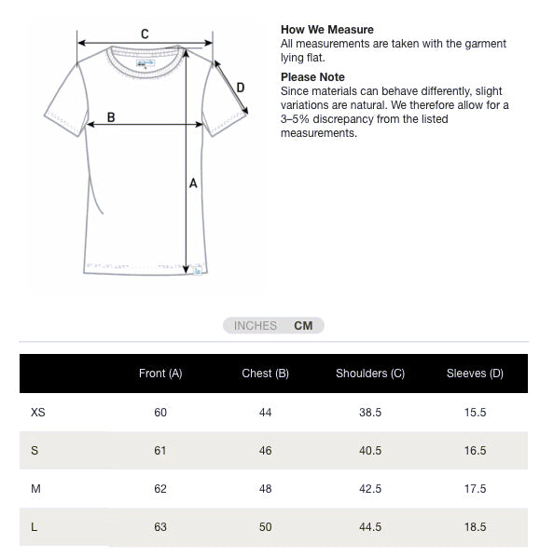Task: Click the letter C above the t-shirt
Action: pyautogui.click(x=145, y=34)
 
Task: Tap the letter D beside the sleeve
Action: pyautogui.click(x=240, y=88)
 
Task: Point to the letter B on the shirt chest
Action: pyautogui.click(x=111, y=117)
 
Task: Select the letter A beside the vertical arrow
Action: pyautogui.click(x=193, y=183)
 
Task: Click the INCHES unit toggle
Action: pyautogui.click(x=256, y=326)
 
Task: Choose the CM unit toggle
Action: pyautogui.click(x=303, y=326)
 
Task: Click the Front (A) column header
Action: pyautogui.click(x=160, y=374)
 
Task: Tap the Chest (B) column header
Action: pyautogui.click(x=265, y=374)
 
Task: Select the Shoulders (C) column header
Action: pyautogui.click(x=370, y=374)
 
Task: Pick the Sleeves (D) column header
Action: pyautogui.click(x=475, y=374)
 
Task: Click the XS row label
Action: pyautogui.click(x=37, y=412)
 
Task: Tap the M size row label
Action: pyautogui.click(x=35, y=488)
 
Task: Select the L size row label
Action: pyautogui.click(x=35, y=526)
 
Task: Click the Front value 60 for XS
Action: pyautogui.click(x=160, y=412)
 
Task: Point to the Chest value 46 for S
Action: pyautogui.click(x=265, y=450)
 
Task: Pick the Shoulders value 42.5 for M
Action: pyautogui.click(x=370, y=488)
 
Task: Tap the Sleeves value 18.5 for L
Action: pyautogui.click(x=475, y=526)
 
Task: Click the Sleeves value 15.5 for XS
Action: pyautogui.click(x=475, y=412)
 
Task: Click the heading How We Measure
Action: pyautogui.click(x=327, y=30)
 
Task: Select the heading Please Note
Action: pyautogui.click(x=312, y=77)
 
